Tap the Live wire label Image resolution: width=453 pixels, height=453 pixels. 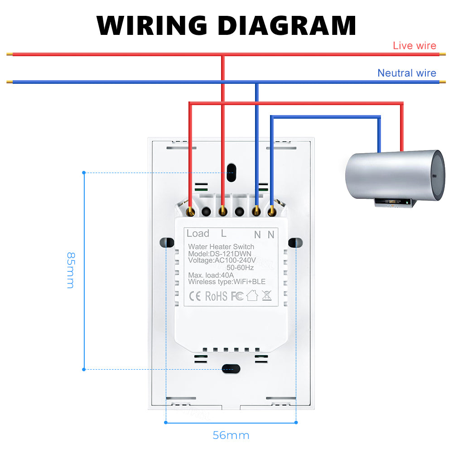pyautogui.click(x=414, y=45)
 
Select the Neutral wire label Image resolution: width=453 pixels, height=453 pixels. pyautogui.click(x=407, y=73)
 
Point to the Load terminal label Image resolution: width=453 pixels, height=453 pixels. pyautogui.click(x=198, y=234)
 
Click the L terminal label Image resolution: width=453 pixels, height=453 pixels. pyautogui.click(x=223, y=234)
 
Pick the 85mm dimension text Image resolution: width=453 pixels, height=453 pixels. pyautogui.click(x=70, y=270)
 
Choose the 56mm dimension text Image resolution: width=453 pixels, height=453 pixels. pyautogui.click(x=231, y=435)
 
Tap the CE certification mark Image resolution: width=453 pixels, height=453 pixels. pyautogui.click(x=194, y=296)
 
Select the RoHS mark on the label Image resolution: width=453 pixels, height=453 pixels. pyautogui.click(x=216, y=296)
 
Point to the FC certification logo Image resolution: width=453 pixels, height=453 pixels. pyautogui.click(x=237, y=296)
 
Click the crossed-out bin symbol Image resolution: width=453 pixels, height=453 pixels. pyautogui.click(x=266, y=296)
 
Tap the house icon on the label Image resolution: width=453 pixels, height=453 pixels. pyautogui.click(x=252, y=296)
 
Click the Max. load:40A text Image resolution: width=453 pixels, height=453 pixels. pyautogui.click(x=211, y=275)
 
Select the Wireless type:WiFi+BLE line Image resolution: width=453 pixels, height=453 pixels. pyautogui.click(x=227, y=282)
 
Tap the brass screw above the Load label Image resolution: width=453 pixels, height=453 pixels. pyautogui.click(x=191, y=211)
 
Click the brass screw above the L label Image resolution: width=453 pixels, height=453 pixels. pyautogui.click(x=222, y=211)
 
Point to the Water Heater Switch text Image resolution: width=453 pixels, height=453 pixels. pyautogui.click(x=218, y=246)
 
